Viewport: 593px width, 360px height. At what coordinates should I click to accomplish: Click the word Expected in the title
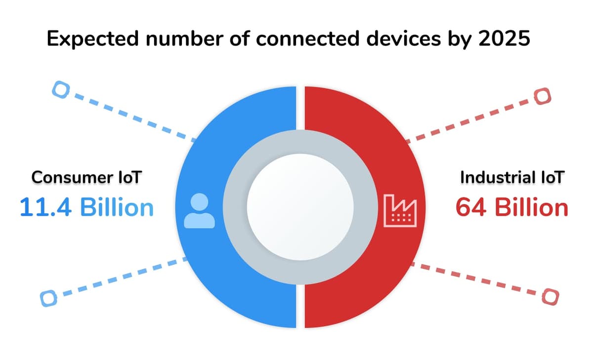(93, 39)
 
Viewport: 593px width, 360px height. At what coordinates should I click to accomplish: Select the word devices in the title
(403, 39)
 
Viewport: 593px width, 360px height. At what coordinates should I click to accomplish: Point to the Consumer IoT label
(86, 177)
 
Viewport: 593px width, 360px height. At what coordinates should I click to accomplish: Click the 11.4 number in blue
(45, 207)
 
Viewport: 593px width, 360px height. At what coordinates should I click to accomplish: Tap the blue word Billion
(117, 207)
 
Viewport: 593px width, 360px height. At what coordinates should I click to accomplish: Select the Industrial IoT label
(512, 177)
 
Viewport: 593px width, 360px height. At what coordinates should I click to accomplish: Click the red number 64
(470, 207)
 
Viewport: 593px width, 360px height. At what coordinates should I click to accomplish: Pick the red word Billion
(532, 207)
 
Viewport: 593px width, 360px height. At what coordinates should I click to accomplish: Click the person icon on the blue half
(199, 210)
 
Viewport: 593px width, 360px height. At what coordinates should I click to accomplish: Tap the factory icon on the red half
(400, 210)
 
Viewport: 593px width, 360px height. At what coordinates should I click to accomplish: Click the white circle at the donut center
(300, 207)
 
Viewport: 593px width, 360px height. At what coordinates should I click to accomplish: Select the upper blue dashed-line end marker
(61, 89)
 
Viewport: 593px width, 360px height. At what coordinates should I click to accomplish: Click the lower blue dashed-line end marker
(48, 298)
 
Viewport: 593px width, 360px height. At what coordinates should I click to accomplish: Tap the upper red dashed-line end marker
(543, 96)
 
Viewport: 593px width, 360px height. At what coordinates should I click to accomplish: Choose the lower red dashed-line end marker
(551, 297)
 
